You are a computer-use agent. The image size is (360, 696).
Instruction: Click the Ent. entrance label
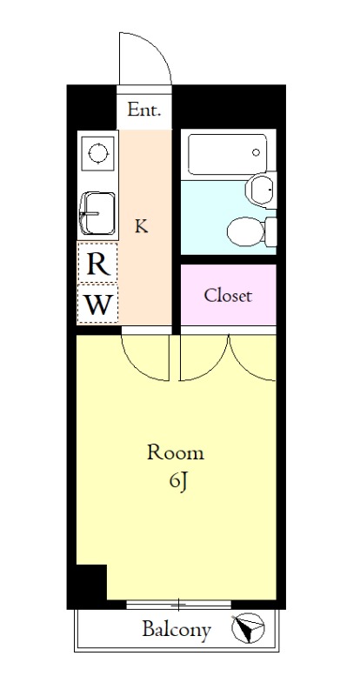tap(143, 110)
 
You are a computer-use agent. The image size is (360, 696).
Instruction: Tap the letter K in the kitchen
tap(141, 226)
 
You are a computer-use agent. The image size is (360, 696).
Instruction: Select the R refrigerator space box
tap(97, 264)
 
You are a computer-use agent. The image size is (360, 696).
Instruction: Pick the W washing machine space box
tap(97, 304)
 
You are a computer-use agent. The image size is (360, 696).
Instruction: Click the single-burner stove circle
tap(98, 154)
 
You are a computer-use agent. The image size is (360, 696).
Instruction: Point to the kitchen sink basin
tap(98, 213)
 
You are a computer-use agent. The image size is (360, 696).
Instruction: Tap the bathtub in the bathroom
tap(227, 154)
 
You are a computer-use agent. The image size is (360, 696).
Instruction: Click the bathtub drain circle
tap(257, 153)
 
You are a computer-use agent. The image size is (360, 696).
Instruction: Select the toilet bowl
tap(246, 231)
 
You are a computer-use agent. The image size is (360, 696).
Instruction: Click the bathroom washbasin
tap(261, 190)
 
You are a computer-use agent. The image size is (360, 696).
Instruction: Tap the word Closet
tap(228, 295)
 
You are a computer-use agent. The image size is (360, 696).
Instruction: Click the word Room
tap(176, 452)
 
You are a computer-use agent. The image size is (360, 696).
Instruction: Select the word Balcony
tap(177, 630)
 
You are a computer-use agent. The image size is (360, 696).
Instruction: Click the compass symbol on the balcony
tap(248, 628)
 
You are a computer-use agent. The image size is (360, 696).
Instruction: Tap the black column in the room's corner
tap(92, 581)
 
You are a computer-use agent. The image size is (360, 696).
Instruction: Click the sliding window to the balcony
tap(178, 604)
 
